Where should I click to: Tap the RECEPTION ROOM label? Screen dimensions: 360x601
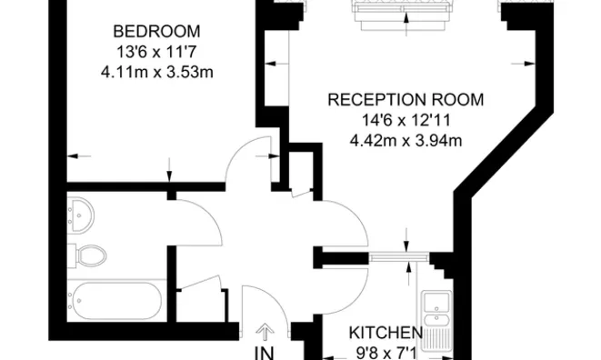406,100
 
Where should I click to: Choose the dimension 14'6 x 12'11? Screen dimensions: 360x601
406,120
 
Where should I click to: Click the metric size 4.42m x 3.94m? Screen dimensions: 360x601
406,140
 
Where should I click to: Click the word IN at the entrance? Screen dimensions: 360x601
265,351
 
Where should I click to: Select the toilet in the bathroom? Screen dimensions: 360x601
90,255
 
